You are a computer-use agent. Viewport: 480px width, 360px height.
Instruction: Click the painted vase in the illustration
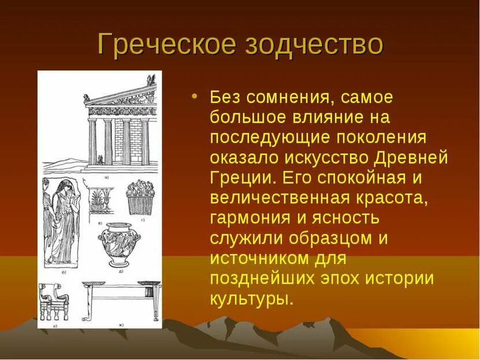118,243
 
